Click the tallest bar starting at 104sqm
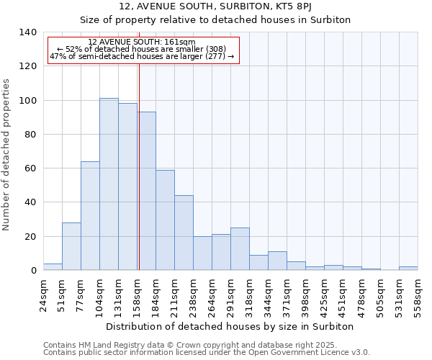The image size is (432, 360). [x=109, y=184]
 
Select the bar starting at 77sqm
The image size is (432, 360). [x=90, y=216]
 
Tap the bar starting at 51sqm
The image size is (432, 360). [x=71, y=246]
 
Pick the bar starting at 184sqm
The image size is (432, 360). [x=165, y=220]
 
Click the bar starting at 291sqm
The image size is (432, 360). [x=240, y=249]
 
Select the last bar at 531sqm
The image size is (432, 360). [x=408, y=269]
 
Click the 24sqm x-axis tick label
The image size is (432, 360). [x=43, y=294]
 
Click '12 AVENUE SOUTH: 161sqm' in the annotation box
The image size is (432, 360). [x=141, y=42]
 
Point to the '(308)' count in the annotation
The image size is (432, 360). [x=215, y=49]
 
